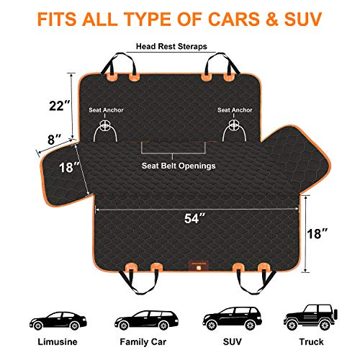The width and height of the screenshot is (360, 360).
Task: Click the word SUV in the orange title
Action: point(303,19)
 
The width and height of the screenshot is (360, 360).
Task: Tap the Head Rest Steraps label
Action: point(171,46)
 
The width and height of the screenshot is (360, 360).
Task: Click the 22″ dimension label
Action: point(59,105)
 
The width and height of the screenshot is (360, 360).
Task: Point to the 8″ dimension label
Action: point(55,140)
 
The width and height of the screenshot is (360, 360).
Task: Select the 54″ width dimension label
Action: point(195,218)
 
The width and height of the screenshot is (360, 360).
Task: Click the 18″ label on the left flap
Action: point(69,167)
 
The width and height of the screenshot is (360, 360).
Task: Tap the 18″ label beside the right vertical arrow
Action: point(318,233)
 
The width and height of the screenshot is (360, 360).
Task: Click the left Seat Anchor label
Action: point(106,110)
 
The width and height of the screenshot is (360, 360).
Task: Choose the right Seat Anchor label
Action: point(235,110)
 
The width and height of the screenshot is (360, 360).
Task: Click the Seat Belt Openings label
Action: point(179,166)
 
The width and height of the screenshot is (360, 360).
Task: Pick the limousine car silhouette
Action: point(58,320)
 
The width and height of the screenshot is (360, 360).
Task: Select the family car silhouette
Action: point(146,320)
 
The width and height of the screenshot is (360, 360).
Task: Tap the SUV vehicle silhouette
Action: point(232,318)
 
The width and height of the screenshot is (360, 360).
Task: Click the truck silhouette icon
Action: point(310,318)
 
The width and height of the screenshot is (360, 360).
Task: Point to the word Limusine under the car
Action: point(58,342)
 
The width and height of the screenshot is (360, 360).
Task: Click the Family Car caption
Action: point(143,342)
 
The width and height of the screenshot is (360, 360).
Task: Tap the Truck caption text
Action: point(311,342)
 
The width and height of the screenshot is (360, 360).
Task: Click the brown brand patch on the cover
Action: point(199,266)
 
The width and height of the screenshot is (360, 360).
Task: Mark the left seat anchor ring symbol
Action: point(105,125)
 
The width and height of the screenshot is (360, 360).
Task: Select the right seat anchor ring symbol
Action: point(233,125)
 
